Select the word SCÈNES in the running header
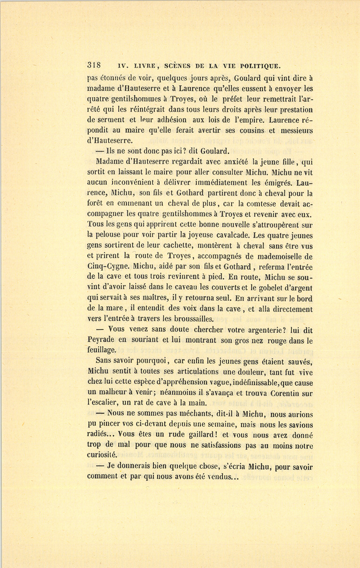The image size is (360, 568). [x=176, y=66]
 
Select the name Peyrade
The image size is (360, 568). [x=101, y=340]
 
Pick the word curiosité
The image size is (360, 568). [x=102, y=455]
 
